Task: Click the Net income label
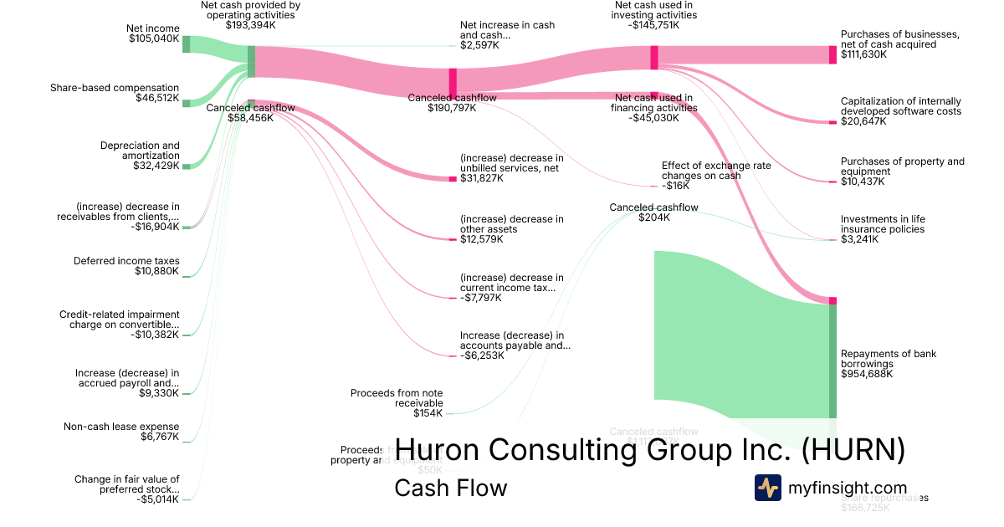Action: (152, 28)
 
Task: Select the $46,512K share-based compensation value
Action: (157, 98)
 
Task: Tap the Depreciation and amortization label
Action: (140, 151)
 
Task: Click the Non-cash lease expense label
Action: (121, 427)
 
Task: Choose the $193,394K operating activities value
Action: (251, 25)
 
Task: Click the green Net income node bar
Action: (186, 44)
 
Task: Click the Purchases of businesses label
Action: (900, 39)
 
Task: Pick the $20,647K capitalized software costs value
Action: (863, 121)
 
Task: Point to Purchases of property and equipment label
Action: (902, 166)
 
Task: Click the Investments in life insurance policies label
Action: (883, 224)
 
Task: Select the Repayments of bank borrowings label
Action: (889, 359)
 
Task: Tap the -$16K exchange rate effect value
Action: (676, 186)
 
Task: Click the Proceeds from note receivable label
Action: (397, 397)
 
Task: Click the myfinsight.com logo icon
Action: (767, 488)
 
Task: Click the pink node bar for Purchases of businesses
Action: (832, 54)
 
